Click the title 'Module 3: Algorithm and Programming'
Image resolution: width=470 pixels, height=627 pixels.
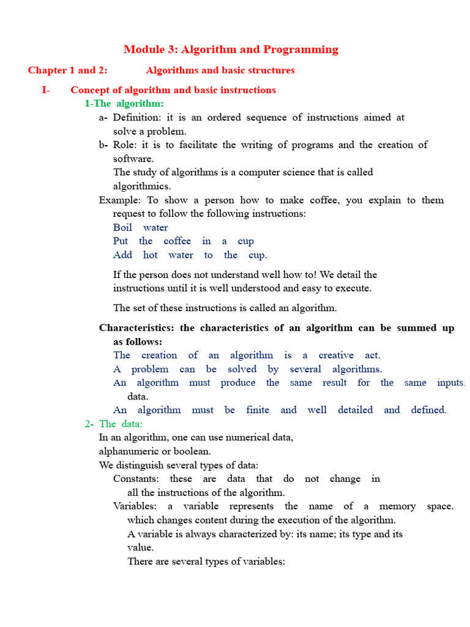pyautogui.click(x=231, y=50)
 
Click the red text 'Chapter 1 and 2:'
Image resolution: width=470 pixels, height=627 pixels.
pyautogui.click(x=67, y=70)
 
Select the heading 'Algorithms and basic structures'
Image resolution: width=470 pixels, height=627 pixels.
pyautogui.click(x=220, y=70)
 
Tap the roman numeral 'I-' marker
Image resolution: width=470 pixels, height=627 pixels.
pyautogui.click(x=46, y=90)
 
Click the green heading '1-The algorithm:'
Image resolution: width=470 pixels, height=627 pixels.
pyautogui.click(x=124, y=103)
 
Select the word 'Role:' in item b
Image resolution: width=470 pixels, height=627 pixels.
pyautogui.click(x=125, y=145)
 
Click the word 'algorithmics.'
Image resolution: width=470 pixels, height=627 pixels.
pyautogui.click(x=142, y=186)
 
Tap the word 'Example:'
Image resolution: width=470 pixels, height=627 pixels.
pyautogui.click(x=119, y=200)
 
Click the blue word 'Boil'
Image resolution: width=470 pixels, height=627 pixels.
pyautogui.click(x=122, y=228)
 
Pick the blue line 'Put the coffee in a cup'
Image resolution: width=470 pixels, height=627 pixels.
pyautogui.click(x=183, y=241)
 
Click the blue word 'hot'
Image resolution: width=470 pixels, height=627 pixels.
pyautogui.click(x=151, y=255)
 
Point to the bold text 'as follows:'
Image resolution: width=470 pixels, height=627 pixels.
pyautogui.click(x=138, y=342)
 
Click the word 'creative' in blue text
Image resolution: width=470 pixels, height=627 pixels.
pyautogui.click(x=336, y=356)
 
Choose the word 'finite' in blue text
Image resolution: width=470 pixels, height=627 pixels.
pyautogui.click(x=258, y=410)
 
